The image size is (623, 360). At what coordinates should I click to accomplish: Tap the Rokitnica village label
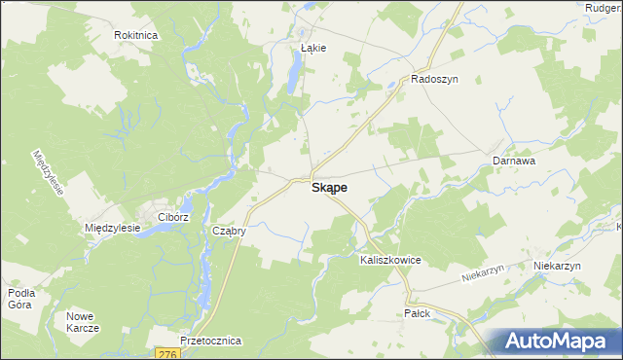[x=136, y=34]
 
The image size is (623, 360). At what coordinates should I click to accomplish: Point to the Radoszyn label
[x=434, y=80]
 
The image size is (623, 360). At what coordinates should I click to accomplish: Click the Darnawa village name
[x=514, y=161]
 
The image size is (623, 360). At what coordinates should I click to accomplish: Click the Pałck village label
[x=416, y=313]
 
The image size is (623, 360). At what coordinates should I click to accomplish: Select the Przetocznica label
[x=211, y=342]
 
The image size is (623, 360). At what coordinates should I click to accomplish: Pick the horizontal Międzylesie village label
[x=114, y=228]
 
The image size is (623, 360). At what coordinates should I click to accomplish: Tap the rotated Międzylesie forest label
[x=48, y=172]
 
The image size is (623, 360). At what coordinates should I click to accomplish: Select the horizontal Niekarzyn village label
[x=557, y=266]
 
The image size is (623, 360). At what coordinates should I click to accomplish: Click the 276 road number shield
[x=165, y=355]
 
